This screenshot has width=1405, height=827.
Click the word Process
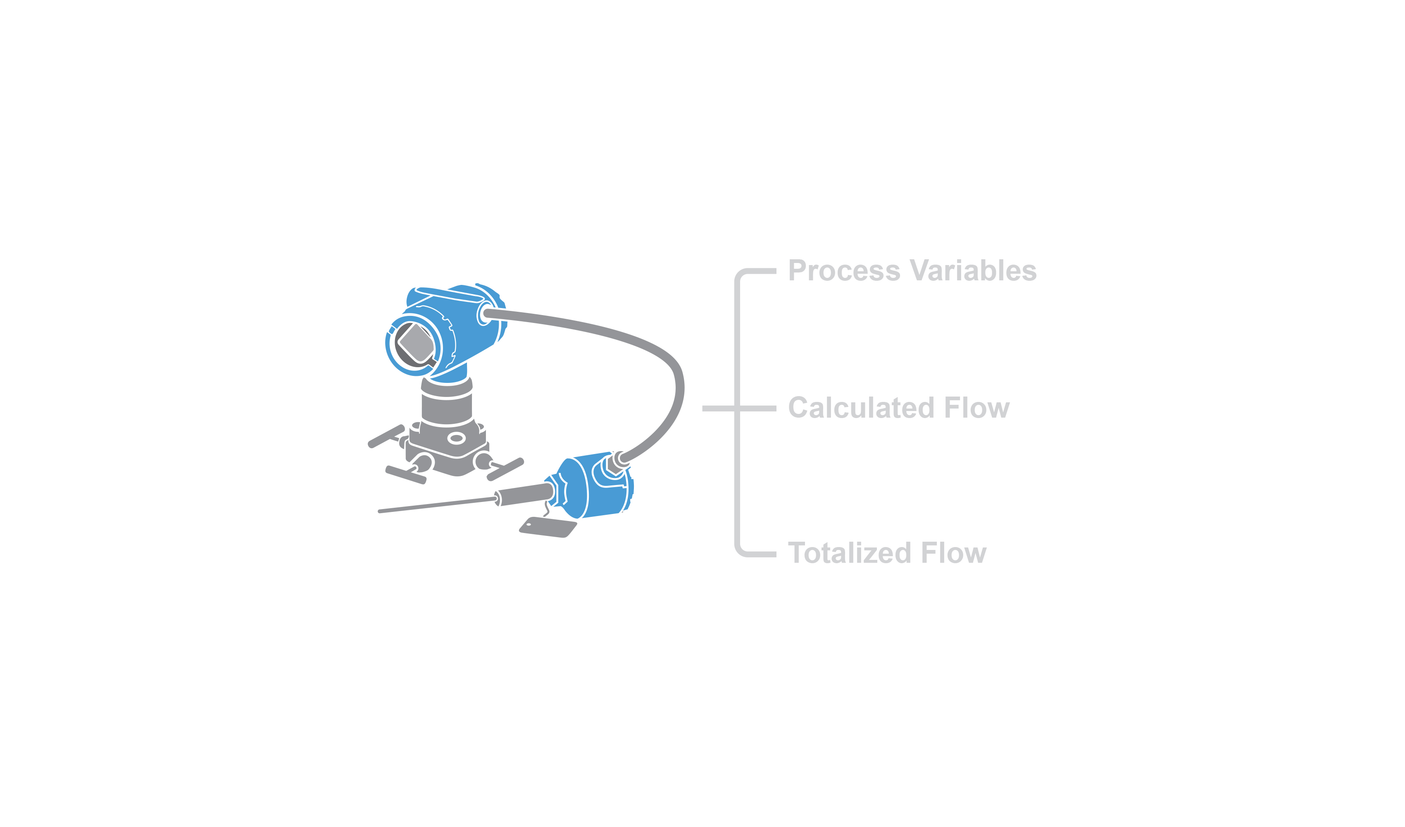(844, 271)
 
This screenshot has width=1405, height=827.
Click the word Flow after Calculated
(977, 408)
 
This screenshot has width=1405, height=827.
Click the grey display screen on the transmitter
(416, 343)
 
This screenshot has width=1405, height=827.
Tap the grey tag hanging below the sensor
(548, 527)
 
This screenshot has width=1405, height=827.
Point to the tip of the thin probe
(380, 511)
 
